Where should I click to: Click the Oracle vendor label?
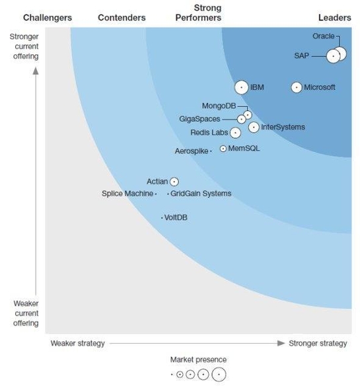(x=323, y=36)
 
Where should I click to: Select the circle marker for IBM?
(x=242, y=87)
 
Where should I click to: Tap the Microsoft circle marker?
(x=296, y=87)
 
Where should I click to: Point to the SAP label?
(x=302, y=56)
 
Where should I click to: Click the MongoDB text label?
(x=219, y=106)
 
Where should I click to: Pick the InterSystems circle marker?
(x=254, y=127)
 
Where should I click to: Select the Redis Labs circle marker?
(x=234, y=133)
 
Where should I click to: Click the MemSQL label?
(x=244, y=149)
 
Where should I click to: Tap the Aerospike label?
(x=191, y=151)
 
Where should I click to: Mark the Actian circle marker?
(x=174, y=181)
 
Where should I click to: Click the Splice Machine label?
(x=127, y=194)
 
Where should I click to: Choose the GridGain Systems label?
(x=201, y=194)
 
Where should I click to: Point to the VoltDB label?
(x=176, y=217)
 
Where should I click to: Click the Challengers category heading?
(x=47, y=18)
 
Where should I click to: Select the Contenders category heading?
(x=122, y=18)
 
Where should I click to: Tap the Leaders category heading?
(x=335, y=18)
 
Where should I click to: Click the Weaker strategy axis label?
(x=77, y=344)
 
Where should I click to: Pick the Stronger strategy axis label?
(x=318, y=344)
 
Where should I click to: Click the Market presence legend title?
(x=198, y=360)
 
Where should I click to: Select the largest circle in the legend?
(x=218, y=375)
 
